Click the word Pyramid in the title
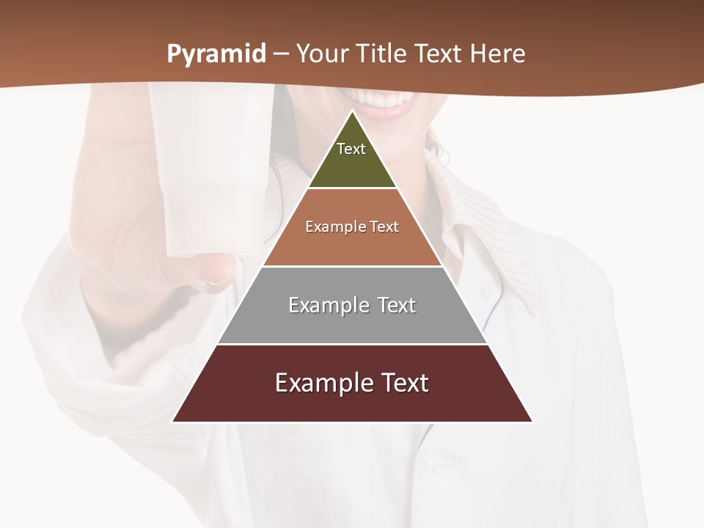tap(216, 54)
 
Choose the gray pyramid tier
tap(352, 323)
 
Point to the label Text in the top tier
tap(351, 149)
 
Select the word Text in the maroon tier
tap(402, 383)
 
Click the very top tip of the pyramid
tap(353, 111)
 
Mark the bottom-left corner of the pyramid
tap(173, 422)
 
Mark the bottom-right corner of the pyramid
tap(532, 422)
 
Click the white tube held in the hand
tap(209, 169)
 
